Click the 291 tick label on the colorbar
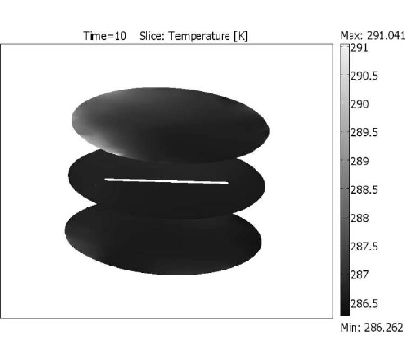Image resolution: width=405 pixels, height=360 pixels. [x=359, y=48]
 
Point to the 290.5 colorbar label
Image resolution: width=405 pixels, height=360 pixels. [x=364, y=76]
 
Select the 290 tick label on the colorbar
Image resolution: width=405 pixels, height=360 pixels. [x=359, y=104]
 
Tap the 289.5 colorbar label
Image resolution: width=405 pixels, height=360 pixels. [x=364, y=133]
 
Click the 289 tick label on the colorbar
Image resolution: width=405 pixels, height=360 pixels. [x=359, y=161]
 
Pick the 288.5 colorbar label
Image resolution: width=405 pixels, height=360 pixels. [x=364, y=190]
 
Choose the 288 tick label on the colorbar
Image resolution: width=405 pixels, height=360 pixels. [x=359, y=218]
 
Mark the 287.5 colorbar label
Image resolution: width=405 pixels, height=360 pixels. [x=364, y=246]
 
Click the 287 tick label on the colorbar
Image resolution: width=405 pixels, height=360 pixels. [x=359, y=274]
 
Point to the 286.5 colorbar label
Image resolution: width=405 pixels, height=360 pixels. [x=364, y=303]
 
